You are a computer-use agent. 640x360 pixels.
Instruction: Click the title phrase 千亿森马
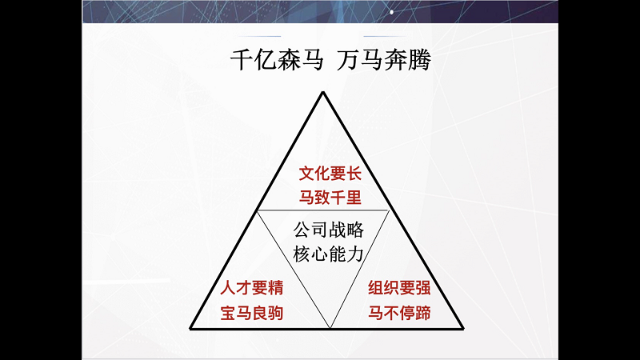(277, 61)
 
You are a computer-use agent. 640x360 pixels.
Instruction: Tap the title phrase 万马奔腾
(384, 61)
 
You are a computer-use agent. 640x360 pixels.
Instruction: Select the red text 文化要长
(330, 174)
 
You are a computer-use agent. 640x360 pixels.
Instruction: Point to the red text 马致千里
(330, 198)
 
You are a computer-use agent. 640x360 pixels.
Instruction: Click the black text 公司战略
(329, 230)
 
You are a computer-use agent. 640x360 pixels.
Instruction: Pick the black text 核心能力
(329, 254)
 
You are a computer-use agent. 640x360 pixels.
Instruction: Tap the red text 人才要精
(252, 288)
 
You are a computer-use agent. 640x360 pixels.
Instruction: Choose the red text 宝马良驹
(252, 313)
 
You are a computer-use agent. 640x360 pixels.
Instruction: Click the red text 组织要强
(399, 288)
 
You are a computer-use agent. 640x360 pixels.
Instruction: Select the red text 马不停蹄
(399, 313)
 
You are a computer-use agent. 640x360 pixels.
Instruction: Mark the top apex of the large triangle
(323, 93)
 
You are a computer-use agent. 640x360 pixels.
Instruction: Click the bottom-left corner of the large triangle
(190, 328)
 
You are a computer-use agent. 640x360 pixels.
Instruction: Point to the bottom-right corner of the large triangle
(463, 328)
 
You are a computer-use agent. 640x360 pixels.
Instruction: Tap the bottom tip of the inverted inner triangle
(330, 327)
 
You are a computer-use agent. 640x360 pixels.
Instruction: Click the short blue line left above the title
(261, 36)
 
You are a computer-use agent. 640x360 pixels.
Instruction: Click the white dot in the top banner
(392, 12)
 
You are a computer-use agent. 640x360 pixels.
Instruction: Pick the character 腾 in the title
(419, 61)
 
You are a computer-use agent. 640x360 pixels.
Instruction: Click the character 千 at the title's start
(242, 61)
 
